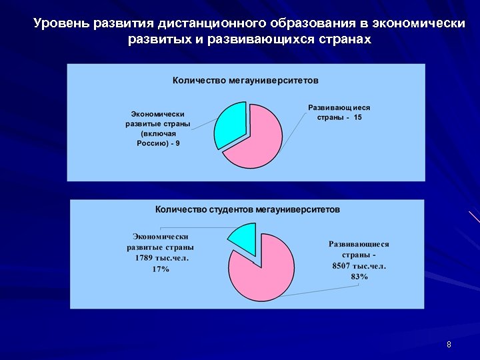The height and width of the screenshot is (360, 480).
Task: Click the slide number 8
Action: (449, 345)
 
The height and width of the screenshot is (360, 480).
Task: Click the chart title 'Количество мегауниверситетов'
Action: (245, 80)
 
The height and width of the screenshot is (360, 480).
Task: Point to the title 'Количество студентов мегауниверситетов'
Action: (247, 209)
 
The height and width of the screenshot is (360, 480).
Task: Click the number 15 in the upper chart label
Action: (358, 117)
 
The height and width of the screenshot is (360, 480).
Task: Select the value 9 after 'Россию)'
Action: (177, 143)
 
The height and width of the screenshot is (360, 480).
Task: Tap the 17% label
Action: (161, 269)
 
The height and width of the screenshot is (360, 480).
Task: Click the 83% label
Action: (359, 277)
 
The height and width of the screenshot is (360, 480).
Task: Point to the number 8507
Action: (344, 266)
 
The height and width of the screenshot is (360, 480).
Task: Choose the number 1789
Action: (144, 258)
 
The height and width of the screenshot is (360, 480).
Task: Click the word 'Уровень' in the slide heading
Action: (61, 25)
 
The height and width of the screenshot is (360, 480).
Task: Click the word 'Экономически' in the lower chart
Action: (160, 237)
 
